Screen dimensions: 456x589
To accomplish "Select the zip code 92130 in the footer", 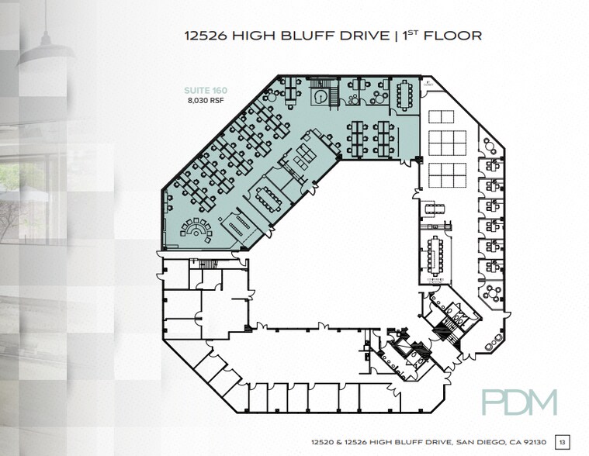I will click(532, 441).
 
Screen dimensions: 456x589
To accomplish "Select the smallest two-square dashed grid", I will click(439, 116).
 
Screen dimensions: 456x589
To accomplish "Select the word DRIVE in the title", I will click(356, 35).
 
